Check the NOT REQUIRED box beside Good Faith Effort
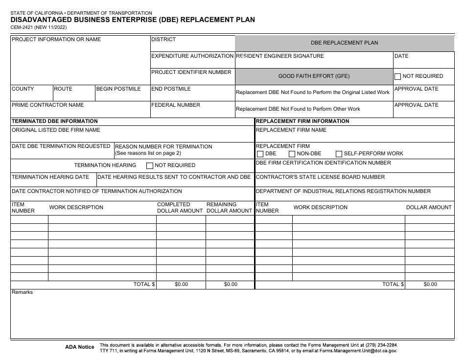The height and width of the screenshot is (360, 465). click(x=398, y=76)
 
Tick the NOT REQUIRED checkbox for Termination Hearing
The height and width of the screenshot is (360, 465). click(x=150, y=166)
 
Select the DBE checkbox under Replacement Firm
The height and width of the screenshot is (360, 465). click(x=260, y=154)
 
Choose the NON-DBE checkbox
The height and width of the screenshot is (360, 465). click(x=292, y=154)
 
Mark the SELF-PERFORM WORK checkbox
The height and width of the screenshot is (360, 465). click(x=339, y=154)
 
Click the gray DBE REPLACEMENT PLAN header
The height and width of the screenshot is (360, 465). click(x=344, y=43)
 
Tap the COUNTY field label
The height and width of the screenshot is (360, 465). click(x=23, y=89)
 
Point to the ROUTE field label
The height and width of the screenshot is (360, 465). click(x=63, y=89)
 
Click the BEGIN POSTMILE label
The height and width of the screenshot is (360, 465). click(x=118, y=89)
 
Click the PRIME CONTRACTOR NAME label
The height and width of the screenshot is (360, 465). click(x=48, y=105)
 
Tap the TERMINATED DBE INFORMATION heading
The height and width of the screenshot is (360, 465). click(x=55, y=121)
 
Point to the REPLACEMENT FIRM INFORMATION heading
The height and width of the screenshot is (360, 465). click(x=302, y=121)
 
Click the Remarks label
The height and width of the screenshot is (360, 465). click(x=23, y=292)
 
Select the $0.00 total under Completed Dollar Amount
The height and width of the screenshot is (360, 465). click(x=181, y=285)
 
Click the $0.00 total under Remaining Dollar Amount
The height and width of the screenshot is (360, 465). click(x=231, y=285)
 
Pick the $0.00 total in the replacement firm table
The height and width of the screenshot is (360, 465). click(x=430, y=285)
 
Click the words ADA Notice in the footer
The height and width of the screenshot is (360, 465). click(x=80, y=347)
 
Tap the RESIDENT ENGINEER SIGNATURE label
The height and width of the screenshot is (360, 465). click(x=280, y=56)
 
